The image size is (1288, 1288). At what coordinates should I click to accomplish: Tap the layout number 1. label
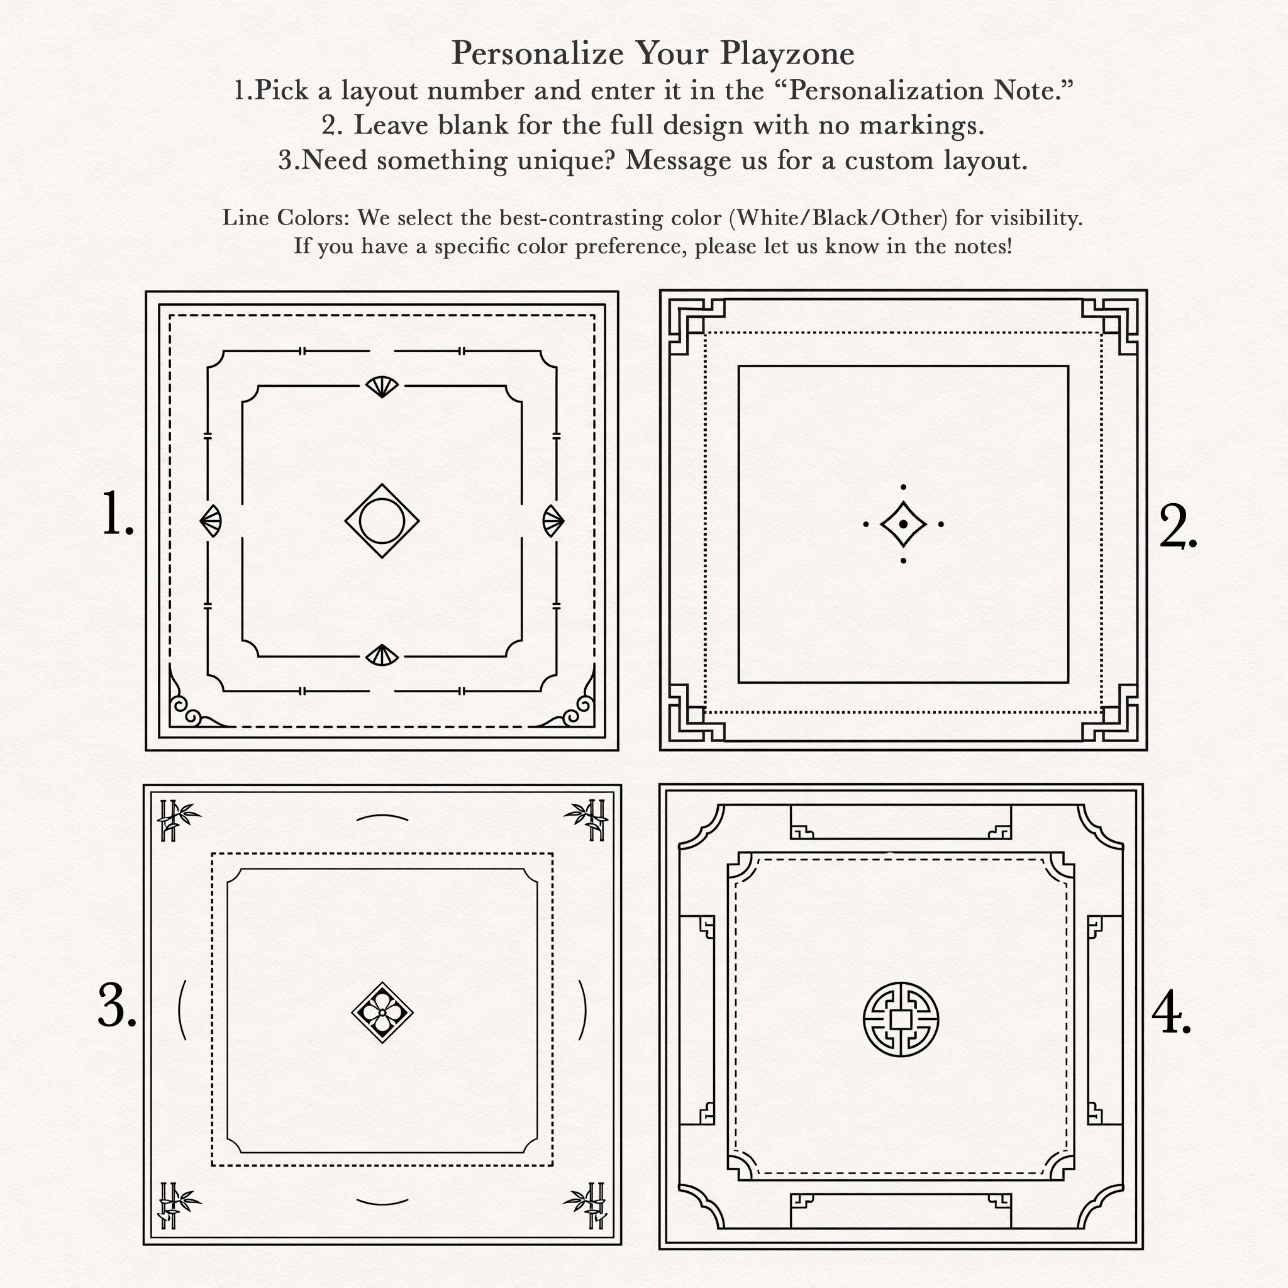click(x=118, y=513)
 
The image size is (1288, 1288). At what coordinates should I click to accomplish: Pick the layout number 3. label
click(x=118, y=1006)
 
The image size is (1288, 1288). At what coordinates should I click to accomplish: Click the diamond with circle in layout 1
click(x=382, y=521)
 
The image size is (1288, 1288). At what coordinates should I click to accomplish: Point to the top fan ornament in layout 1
click(x=382, y=387)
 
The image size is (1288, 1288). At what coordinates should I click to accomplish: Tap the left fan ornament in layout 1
click(x=211, y=521)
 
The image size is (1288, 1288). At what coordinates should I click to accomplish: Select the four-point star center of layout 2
click(x=903, y=524)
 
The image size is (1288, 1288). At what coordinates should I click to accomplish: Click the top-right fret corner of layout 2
click(x=1109, y=326)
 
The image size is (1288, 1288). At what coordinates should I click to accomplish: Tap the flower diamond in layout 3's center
click(x=382, y=1012)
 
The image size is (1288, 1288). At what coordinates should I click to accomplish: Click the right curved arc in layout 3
click(x=582, y=1010)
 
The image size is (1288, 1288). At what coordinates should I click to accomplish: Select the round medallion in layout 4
click(x=901, y=1019)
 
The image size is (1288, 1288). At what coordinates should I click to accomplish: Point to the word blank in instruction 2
click(x=473, y=125)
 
